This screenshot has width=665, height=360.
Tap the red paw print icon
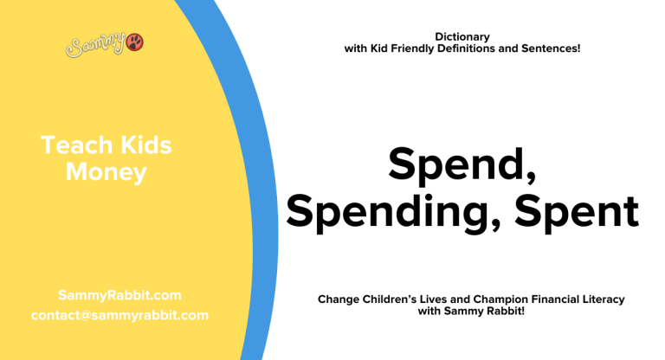(x=135, y=41)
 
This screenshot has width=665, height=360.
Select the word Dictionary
(x=462, y=36)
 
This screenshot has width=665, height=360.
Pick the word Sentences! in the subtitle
(x=552, y=48)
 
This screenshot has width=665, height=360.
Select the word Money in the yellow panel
(x=107, y=172)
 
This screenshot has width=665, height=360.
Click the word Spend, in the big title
(x=462, y=164)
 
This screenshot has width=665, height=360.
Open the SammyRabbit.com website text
(x=119, y=295)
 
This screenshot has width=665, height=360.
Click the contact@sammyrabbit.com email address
(x=119, y=315)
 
